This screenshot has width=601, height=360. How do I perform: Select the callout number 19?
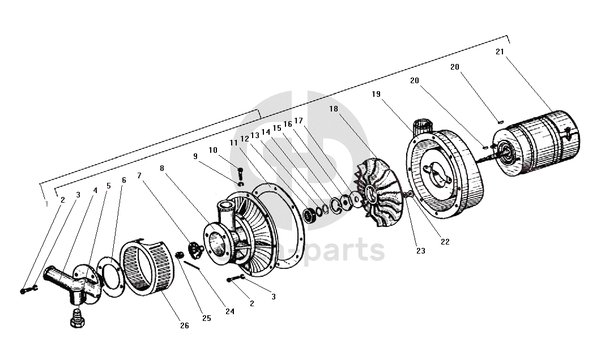[377, 94]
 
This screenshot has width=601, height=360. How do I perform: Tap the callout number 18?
[334, 109]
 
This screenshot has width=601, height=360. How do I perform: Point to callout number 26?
[185, 325]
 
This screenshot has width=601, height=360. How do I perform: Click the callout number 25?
[206, 318]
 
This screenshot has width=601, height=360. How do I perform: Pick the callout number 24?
[229, 311]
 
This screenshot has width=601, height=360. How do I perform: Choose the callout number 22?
[445, 242]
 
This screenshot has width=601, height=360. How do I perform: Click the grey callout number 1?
[46, 204]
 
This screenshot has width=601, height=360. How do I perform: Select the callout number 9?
[195, 156]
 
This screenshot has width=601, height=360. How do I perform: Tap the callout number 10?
[213, 150]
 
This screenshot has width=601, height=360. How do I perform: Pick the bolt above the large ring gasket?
[240, 172]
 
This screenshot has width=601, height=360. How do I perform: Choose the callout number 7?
[139, 175]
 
